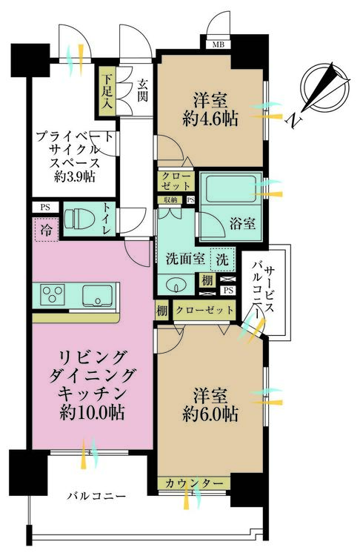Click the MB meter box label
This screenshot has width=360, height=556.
(218, 45)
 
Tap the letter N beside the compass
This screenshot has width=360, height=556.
(295, 122)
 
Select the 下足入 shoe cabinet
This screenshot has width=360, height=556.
(107, 91)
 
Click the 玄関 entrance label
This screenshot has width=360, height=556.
(142, 91)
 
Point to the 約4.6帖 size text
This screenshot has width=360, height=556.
(210, 119)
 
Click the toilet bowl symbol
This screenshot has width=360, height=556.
(79, 219)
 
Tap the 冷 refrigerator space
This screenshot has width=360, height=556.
(47, 231)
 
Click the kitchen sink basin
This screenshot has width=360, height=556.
(97, 295)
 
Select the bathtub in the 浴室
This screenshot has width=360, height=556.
(230, 189)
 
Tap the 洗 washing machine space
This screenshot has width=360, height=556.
(222, 260)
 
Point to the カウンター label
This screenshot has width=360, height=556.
(194, 483)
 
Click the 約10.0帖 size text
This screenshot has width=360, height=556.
(92, 412)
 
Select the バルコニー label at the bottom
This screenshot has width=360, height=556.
(97, 496)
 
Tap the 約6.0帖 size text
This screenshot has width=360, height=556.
(210, 414)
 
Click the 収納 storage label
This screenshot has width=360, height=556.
(170, 200)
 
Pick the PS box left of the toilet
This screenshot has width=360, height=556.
(45, 207)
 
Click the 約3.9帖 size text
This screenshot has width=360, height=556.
(74, 177)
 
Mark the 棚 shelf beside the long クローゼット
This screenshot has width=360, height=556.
(161, 311)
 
